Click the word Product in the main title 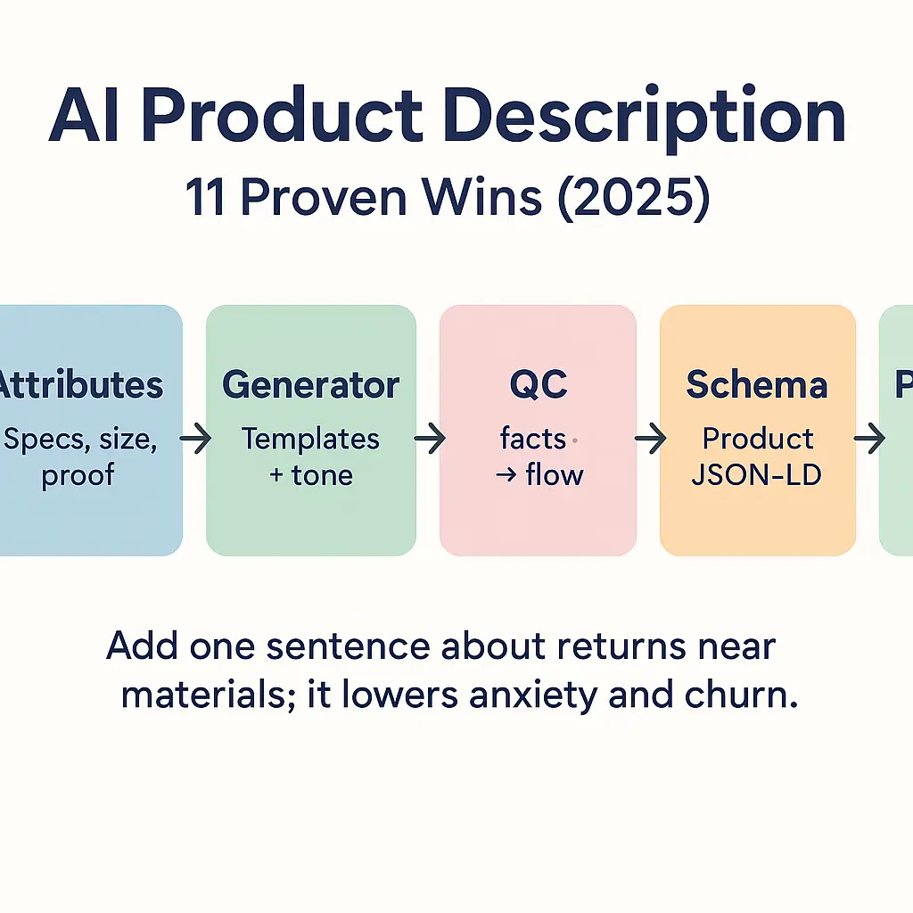(x=281, y=119)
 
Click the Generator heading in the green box (x=310, y=385)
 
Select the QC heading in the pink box (x=538, y=385)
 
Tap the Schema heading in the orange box (x=757, y=385)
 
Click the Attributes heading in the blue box (x=80, y=385)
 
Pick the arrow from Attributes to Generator (x=194, y=439)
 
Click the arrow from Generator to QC (x=429, y=439)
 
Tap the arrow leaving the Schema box (x=868, y=439)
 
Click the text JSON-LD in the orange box (x=757, y=474)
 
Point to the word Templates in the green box (x=310, y=439)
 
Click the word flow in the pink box (x=555, y=474)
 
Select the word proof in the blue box (x=78, y=474)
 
